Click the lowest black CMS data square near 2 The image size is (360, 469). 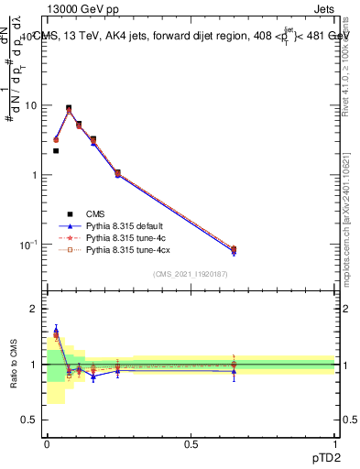(x=56, y=151)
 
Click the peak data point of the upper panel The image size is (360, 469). (x=69, y=108)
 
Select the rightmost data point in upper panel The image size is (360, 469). (x=233, y=250)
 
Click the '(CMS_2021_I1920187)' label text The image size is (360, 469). (x=191, y=274)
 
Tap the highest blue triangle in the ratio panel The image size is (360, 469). (x=56, y=331)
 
